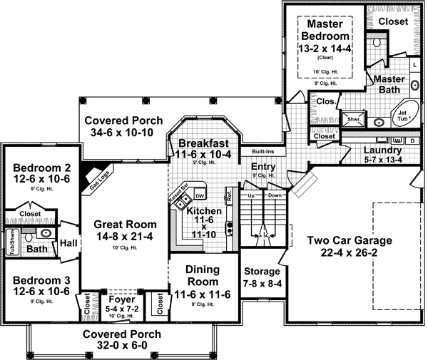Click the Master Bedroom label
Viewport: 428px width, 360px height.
325,29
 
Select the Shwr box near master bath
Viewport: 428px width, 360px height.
354,119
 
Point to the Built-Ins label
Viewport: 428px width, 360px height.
253,152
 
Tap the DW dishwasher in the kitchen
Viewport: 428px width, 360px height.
200,196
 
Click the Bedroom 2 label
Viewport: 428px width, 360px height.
39,169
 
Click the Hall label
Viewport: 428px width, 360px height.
68,242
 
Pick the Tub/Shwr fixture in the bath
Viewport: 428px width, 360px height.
12,242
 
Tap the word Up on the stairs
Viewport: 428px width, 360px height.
251,194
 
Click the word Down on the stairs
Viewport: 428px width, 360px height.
275,194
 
